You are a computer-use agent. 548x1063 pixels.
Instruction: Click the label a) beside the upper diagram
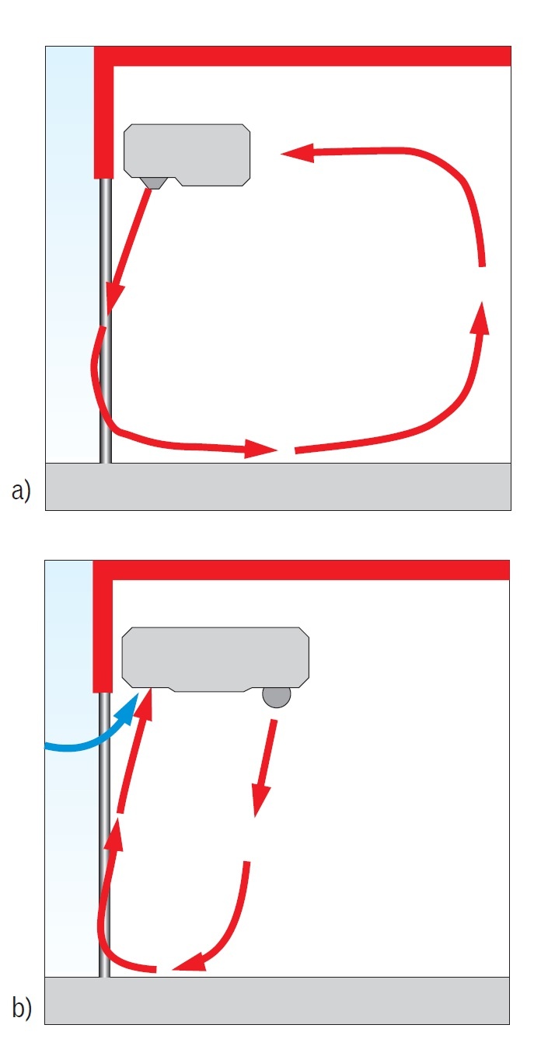[x=21, y=490]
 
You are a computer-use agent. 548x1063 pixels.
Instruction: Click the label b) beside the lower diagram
[x=21, y=1007]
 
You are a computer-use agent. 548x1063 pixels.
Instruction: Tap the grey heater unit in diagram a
[x=187, y=155]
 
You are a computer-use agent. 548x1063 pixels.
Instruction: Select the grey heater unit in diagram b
[x=215, y=659]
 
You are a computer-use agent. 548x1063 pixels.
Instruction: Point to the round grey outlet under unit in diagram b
[x=277, y=697]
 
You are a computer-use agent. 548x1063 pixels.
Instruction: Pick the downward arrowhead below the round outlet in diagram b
[x=260, y=801]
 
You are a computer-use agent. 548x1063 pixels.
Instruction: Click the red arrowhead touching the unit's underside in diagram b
[x=146, y=706]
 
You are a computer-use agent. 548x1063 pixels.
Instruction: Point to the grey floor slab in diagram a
[x=277, y=486]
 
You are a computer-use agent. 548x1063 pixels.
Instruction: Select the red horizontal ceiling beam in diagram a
[x=302, y=56]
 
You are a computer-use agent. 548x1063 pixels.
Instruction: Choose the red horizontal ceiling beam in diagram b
[x=301, y=570]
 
